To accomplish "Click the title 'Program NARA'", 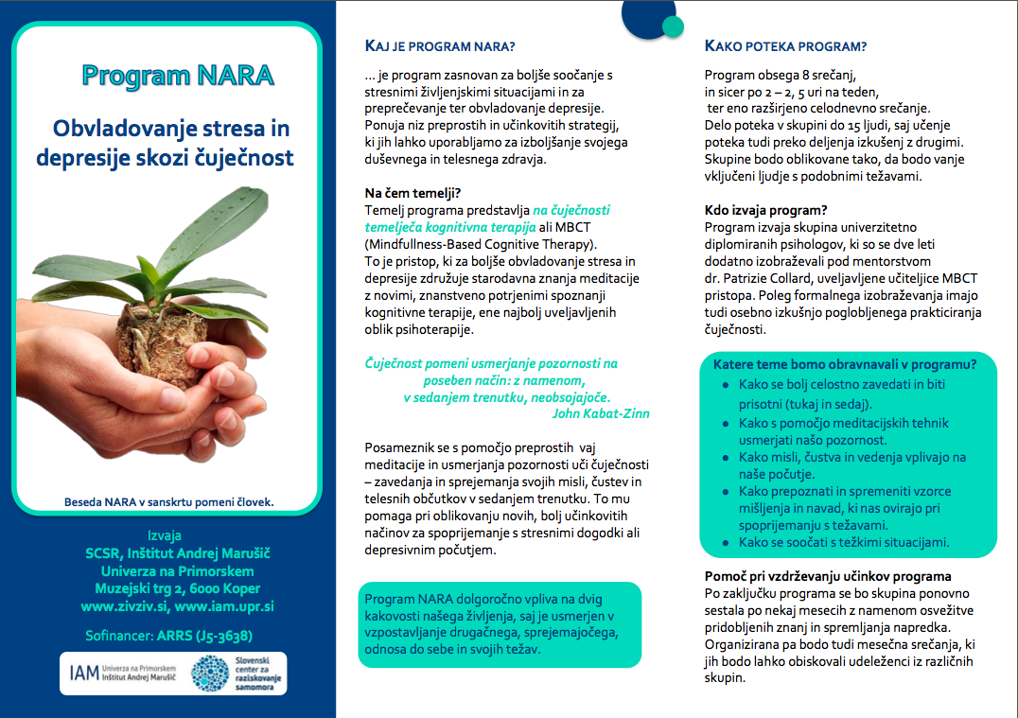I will (x=178, y=75).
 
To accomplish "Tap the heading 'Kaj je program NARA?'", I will (x=440, y=46).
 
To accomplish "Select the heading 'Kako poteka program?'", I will (x=786, y=46).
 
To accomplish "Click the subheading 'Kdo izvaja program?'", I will (x=766, y=210).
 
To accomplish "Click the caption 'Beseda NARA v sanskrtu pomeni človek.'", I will (x=168, y=501).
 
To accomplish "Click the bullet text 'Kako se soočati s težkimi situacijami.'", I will (x=844, y=542).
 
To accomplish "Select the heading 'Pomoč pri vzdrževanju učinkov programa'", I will (x=828, y=576).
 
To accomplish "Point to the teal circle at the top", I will (x=673, y=26).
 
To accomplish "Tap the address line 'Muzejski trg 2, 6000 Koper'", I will (x=178, y=588).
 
